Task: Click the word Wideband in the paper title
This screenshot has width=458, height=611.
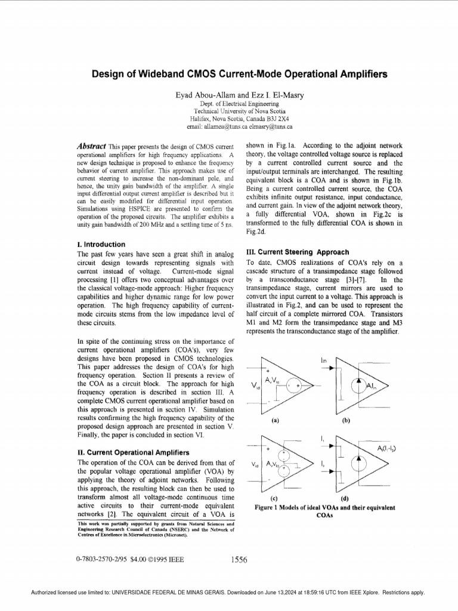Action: pyautogui.click(x=163, y=75)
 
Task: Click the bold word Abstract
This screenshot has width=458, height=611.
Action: pyautogui.click(x=92, y=146)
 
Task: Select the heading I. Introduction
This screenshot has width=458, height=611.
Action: pyautogui.click(x=101, y=245)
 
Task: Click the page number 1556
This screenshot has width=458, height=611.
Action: pyautogui.click(x=239, y=560)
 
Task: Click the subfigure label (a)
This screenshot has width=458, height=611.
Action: pyautogui.click(x=275, y=421)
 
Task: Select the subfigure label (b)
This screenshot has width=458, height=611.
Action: pyautogui.click(x=345, y=421)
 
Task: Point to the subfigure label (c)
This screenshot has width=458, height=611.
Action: pyautogui.click(x=274, y=498)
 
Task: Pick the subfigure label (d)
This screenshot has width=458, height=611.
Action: pyautogui.click(x=345, y=498)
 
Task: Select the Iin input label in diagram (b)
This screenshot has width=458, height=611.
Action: pyautogui.click(x=323, y=360)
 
